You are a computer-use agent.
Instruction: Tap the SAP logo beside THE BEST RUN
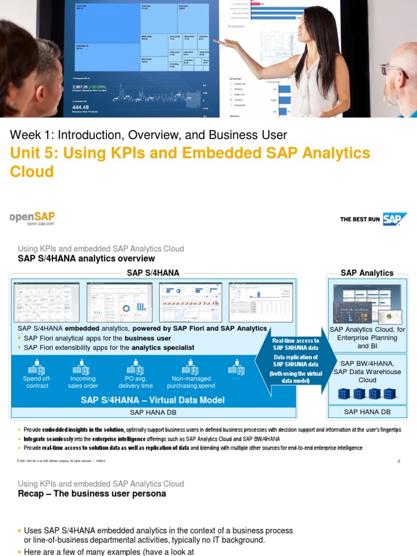395,219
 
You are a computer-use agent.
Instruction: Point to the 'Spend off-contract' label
36,382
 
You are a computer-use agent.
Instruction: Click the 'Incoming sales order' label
83,382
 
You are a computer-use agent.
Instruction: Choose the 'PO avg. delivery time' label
135,382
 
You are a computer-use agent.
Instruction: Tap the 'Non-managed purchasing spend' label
191,382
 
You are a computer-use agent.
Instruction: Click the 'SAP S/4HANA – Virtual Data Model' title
153,400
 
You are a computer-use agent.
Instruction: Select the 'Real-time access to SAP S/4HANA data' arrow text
295,344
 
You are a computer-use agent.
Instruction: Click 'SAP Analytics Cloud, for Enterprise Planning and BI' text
367,337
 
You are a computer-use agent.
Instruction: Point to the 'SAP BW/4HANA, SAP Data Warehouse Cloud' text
367,371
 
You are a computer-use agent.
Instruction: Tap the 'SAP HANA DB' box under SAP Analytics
367,412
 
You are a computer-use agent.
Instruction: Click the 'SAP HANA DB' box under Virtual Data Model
153,413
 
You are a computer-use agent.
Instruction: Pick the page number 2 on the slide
399,461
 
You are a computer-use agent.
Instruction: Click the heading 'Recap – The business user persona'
92,494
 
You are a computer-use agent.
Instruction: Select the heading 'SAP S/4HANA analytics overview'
86,258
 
